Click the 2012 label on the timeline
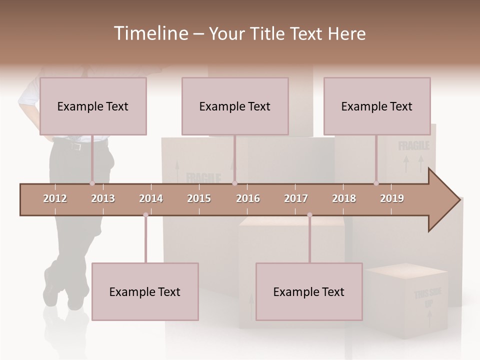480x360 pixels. pos(55,198)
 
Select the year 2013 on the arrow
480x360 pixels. pos(103,198)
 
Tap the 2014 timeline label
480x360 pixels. pos(151,198)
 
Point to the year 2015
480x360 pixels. pos(199,198)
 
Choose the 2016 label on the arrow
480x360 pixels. pos(248,198)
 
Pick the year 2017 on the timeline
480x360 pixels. pos(296,198)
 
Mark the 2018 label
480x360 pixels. pos(344,198)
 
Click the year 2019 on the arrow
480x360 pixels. pos(392,198)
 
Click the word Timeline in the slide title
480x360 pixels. pos(150,33)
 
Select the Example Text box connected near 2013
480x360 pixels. pos(93,106)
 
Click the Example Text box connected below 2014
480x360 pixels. pos(145,291)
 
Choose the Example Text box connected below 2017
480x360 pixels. pos(309,291)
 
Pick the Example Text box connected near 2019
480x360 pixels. pos(377,106)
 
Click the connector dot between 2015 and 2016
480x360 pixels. pos(235,183)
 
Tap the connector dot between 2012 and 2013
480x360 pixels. pos(92,183)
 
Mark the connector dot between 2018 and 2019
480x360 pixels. pos(376,183)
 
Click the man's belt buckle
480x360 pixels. pos(76,146)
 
